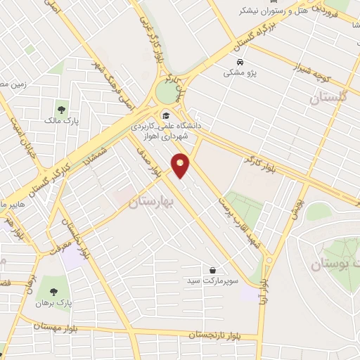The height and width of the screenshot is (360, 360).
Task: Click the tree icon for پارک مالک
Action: click(60, 110)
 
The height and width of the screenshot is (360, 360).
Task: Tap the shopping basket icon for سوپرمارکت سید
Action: click(212, 269)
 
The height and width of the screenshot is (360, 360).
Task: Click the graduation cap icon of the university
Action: click(166, 116)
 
